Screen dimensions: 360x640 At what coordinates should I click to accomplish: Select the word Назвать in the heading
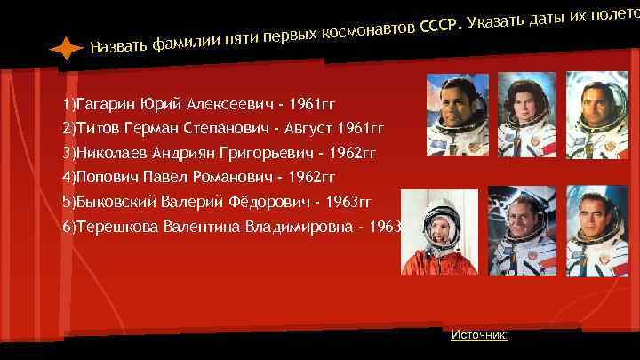pyautogui.click(x=117, y=44)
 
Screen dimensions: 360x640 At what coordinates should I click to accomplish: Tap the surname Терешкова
pyautogui.click(x=115, y=227)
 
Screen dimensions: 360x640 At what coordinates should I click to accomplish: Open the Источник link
pyautogui.click(x=479, y=334)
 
